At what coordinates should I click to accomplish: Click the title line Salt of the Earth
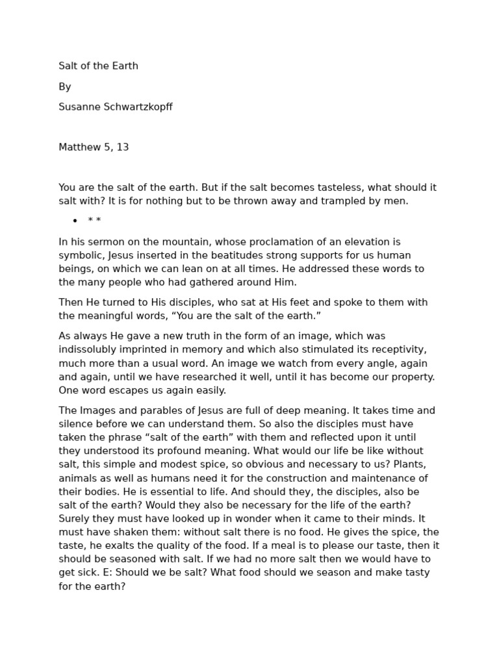pos(98,66)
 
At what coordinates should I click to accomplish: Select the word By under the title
pos(64,87)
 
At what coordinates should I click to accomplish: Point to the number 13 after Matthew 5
pos(123,147)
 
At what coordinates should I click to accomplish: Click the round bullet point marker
pos(75,221)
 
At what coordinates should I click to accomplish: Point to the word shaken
pos(133,533)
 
